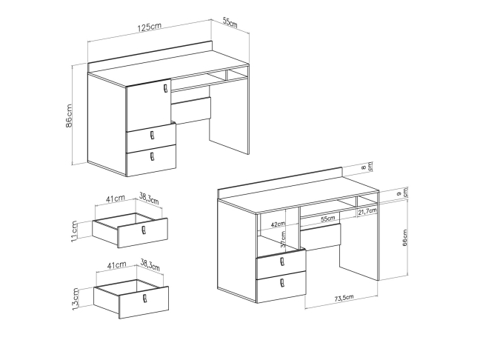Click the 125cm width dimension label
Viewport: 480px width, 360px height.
150,27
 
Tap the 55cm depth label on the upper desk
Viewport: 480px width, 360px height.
230,22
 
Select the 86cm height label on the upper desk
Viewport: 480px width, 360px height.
69,116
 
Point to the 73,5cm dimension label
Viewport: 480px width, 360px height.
344,298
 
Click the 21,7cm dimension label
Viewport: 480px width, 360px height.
367,211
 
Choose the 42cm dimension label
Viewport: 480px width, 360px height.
278,224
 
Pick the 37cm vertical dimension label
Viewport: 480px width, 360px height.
283,239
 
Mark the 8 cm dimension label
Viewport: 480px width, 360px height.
367,167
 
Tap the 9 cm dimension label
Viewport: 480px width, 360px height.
402,193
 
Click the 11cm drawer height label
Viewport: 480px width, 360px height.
74,231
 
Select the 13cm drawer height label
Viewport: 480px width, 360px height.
76,299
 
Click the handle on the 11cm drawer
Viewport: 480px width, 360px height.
144,230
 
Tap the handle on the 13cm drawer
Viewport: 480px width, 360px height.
144,298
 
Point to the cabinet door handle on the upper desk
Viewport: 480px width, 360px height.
166,88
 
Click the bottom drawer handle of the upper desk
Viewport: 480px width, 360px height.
153,157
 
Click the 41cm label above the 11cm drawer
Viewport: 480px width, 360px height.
116,199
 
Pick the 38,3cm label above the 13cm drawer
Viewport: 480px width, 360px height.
150,265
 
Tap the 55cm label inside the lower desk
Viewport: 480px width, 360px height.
328,219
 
